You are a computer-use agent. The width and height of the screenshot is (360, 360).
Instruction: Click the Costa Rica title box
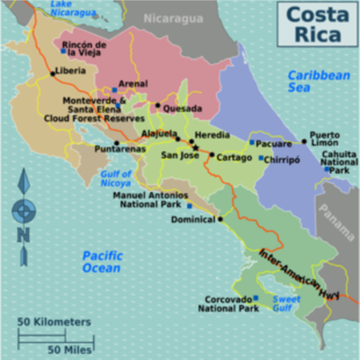(x=314, y=25)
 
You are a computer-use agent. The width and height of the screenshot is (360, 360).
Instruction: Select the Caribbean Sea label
(x=318, y=83)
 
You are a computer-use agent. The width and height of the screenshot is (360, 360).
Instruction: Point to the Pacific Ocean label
(x=102, y=262)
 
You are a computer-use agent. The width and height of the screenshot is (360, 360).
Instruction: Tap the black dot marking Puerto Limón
(x=304, y=141)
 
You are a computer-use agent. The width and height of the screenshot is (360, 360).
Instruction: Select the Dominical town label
(x=193, y=219)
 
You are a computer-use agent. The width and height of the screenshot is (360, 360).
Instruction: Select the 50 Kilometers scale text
(x=54, y=321)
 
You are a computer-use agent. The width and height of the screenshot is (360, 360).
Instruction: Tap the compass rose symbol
(x=23, y=211)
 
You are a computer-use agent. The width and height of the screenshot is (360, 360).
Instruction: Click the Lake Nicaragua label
(x=73, y=9)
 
